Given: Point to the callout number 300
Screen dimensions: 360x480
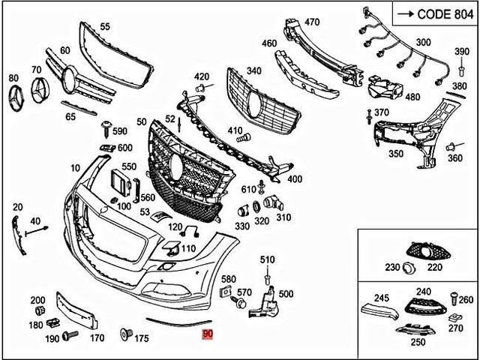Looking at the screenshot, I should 423,42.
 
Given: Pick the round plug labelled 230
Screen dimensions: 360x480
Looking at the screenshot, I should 409,268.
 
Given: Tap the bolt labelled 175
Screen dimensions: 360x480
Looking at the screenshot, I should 126,332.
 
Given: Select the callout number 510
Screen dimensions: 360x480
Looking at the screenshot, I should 268,259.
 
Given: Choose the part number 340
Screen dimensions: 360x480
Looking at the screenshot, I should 254,71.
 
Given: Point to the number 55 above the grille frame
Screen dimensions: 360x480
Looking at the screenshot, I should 104,27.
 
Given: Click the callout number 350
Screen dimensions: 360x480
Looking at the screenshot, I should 396,154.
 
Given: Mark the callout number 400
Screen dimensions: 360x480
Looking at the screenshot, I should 295,179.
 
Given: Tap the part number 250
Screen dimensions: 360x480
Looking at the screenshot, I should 418,342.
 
